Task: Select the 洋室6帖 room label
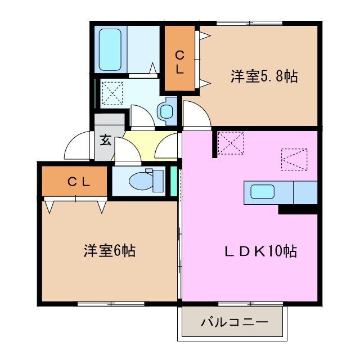(x=110, y=251)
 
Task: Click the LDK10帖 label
(x=257, y=251)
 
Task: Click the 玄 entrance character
(x=105, y=140)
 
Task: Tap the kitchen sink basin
(x=262, y=192)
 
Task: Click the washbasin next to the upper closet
(x=166, y=111)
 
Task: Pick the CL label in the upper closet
(x=179, y=61)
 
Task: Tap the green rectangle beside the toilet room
(x=174, y=181)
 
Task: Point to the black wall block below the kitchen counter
(x=298, y=209)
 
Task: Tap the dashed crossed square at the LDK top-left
(x=231, y=142)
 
